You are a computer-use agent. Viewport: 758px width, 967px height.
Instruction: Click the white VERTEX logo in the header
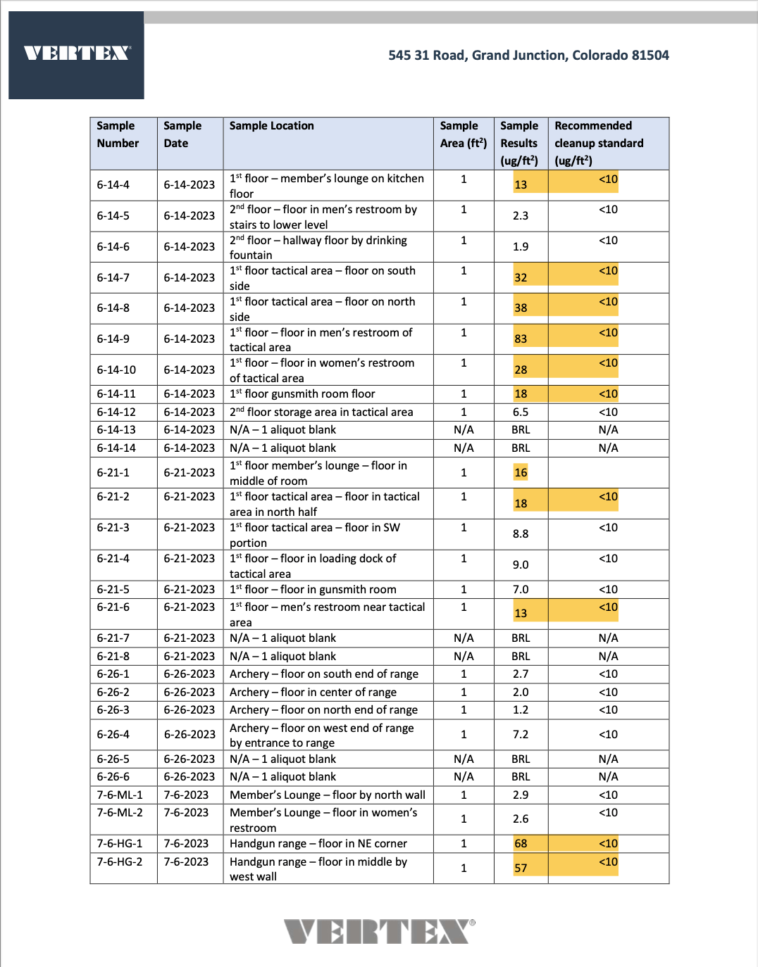click(x=77, y=53)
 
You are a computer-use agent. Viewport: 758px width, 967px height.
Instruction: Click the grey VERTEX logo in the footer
click(x=379, y=931)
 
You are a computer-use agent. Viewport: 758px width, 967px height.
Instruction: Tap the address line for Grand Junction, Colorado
click(x=528, y=55)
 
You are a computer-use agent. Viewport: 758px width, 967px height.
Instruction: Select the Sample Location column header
click(x=271, y=126)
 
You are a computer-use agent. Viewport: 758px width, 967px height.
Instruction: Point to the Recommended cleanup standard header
click(x=598, y=143)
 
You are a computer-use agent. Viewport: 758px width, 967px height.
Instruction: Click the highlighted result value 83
click(x=521, y=339)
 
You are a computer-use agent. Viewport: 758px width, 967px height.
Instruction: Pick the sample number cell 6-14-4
click(x=113, y=184)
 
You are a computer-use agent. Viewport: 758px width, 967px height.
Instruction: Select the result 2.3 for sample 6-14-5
click(x=521, y=215)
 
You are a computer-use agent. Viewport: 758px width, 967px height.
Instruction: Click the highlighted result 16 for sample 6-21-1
click(x=521, y=472)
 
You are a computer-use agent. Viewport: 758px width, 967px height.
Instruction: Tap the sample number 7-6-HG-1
click(x=119, y=843)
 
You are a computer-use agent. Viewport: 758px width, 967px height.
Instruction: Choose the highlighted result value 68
click(x=521, y=843)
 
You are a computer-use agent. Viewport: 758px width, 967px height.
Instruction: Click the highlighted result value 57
click(x=521, y=868)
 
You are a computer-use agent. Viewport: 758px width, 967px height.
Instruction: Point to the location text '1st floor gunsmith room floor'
click(x=302, y=393)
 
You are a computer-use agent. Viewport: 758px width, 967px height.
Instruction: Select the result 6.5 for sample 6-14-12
click(x=521, y=412)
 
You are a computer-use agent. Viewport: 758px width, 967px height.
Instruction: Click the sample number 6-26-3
click(x=113, y=709)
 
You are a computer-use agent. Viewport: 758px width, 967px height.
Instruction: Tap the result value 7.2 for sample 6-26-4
click(x=521, y=734)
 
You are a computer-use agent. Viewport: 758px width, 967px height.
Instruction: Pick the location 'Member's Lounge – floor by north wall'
click(x=328, y=795)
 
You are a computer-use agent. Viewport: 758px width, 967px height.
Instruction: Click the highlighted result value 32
click(x=521, y=277)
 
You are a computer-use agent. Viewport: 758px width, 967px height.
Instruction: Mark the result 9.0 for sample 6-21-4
click(x=521, y=564)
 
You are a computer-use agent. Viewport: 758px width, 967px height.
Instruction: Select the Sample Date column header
click(x=182, y=134)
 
